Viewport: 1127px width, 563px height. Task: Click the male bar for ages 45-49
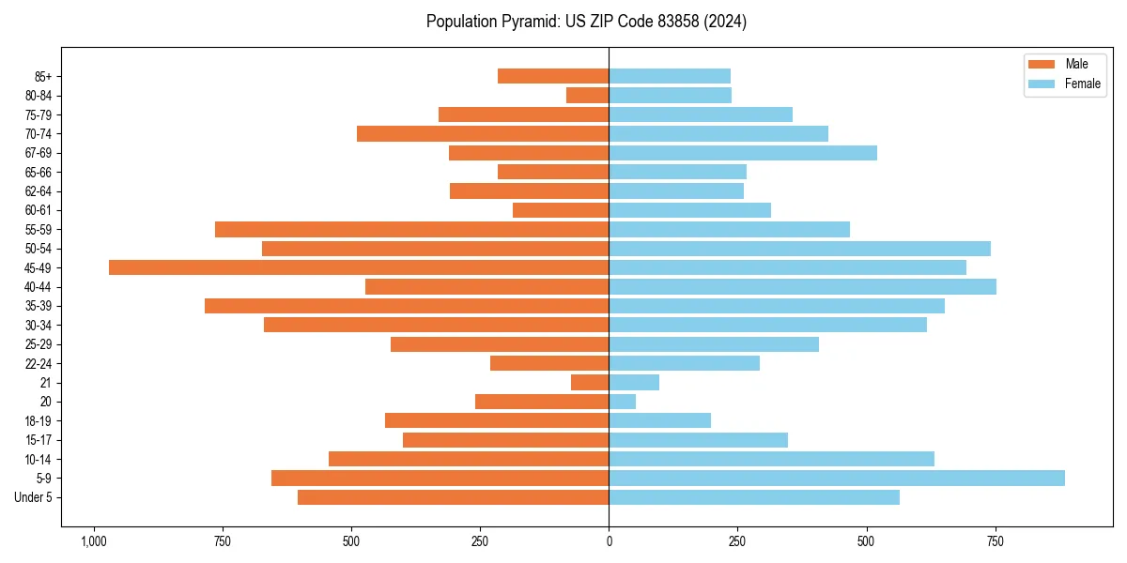pyautogui.click(x=359, y=267)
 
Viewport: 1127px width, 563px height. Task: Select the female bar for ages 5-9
pyautogui.click(x=836, y=478)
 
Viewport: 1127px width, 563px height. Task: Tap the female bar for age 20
pyautogui.click(x=623, y=402)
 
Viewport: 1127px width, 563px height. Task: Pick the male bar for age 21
pyautogui.click(x=590, y=382)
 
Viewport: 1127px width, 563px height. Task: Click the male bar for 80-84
pyautogui.click(x=588, y=95)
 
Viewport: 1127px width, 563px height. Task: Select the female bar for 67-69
pyautogui.click(x=742, y=153)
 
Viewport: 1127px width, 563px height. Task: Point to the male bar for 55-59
pyautogui.click(x=411, y=229)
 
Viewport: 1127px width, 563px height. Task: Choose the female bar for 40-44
pyautogui.click(x=802, y=286)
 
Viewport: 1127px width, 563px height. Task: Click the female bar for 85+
pyautogui.click(x=670, y=76)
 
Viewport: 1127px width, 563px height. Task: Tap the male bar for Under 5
pyautogui.click(x=453, y=497)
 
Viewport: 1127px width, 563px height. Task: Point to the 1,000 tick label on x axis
pyautogui.click(x=93, y=541)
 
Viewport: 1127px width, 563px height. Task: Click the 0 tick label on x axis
pyautogui.click(x=609, y=541)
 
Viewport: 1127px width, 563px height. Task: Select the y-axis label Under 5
pyautogui.click(x=33, y=497)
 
